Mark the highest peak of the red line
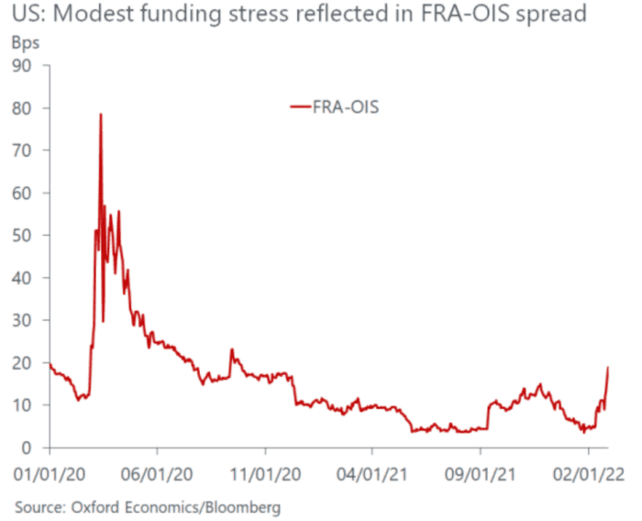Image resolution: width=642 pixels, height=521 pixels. (x=101, y=115)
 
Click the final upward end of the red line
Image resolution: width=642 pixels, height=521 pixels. (x=608, y=368)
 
